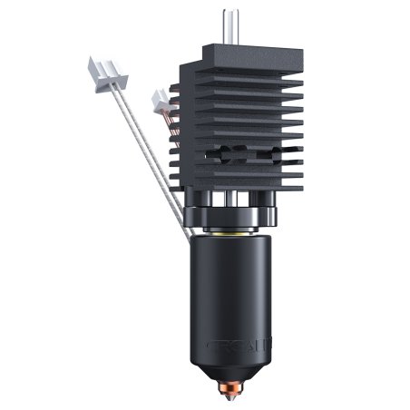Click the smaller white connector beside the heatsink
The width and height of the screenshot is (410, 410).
pyautogui.click(x=161, y=98)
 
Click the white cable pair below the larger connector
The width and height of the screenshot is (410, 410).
pyautogui.click(x=136, y=136)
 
